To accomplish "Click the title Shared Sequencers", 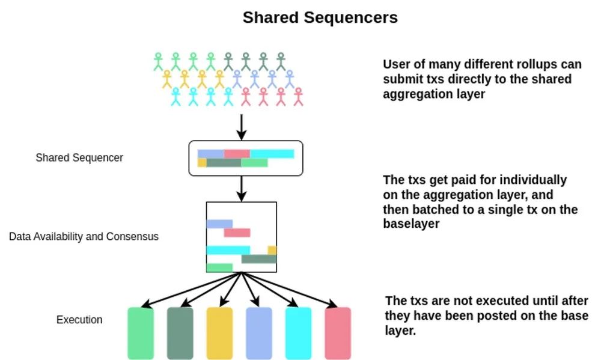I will pos(320,17).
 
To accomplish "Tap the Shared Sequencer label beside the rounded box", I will pos(79,157).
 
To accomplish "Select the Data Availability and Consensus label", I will pos(84,236).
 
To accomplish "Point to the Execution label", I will pos(79,320).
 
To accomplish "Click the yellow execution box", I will pos(219,333).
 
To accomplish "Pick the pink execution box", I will pos(338,333).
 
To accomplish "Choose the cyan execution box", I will pos(298,333).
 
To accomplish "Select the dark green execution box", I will pos(180,333).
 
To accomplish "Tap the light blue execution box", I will pos(259,333).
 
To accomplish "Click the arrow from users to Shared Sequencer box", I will pos(241,126).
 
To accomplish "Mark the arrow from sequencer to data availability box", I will pos(241,188).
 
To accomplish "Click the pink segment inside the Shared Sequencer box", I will pos(237,154).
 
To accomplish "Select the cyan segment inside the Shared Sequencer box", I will pos(272,154).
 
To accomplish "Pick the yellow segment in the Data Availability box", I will pos(272,250).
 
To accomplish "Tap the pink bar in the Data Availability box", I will pos(237,233).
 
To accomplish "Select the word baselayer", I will pos(406,223).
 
